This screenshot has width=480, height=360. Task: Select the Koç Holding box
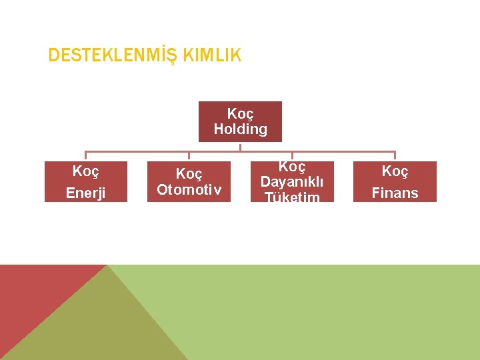(240, 121)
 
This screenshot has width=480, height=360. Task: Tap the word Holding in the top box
(240, 129)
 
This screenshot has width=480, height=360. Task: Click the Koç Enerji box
(85, 181)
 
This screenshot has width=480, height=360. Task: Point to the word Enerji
(85, 193)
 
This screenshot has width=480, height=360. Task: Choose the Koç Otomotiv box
(189, 181)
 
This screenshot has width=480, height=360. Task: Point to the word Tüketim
(291, 197)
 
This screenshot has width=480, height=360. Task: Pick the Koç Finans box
(395, 181)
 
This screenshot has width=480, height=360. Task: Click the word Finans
(395, 193)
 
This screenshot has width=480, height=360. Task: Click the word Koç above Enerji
(85, 172)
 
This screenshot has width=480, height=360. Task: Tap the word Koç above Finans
(395, 172)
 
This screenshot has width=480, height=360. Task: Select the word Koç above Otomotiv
(189, 174)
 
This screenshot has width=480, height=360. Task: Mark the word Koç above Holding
(240, 113)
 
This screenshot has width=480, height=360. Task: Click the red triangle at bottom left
(33, 293)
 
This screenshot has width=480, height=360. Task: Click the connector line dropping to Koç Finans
(395, 156)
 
